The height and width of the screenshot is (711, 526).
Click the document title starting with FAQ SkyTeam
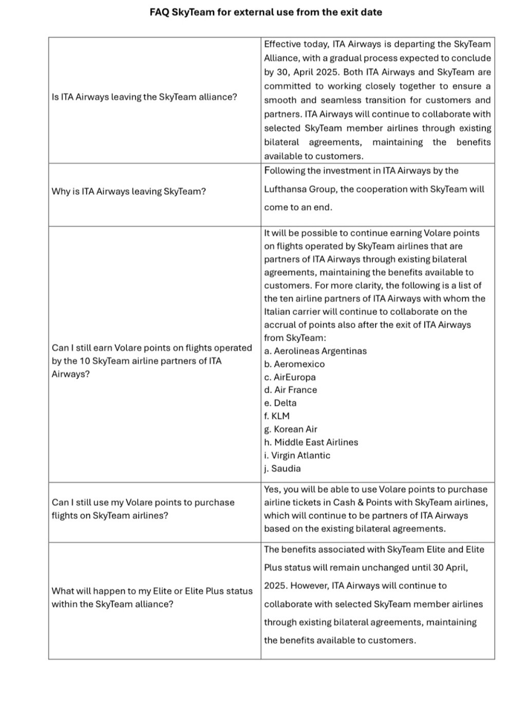[266, 12]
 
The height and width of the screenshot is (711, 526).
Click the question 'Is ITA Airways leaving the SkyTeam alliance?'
[144, 97]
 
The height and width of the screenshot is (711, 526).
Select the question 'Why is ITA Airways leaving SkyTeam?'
[128, 192]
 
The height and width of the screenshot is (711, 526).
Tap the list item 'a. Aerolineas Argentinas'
[315, 351]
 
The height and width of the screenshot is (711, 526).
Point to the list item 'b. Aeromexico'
[294, 364]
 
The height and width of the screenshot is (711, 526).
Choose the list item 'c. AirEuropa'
[290, 377]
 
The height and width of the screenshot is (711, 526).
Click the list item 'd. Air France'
[290, 390]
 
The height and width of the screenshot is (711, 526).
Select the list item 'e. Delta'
[280, 403]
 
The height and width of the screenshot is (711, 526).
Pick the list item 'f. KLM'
[277, 416]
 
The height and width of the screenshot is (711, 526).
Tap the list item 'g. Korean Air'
[291, 429]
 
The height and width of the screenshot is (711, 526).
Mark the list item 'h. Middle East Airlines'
[311, 442]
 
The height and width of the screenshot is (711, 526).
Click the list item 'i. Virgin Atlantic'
[297, 456]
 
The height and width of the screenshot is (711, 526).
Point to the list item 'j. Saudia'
[282, 469]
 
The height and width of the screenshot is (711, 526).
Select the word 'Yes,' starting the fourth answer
[273, 490]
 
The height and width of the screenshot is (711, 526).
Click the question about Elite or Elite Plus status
[152, 597]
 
